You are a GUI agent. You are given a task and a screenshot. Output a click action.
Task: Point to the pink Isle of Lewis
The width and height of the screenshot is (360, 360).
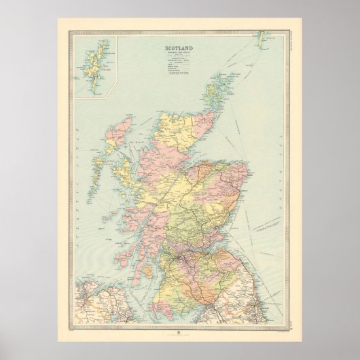click(x=122, y=130)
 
